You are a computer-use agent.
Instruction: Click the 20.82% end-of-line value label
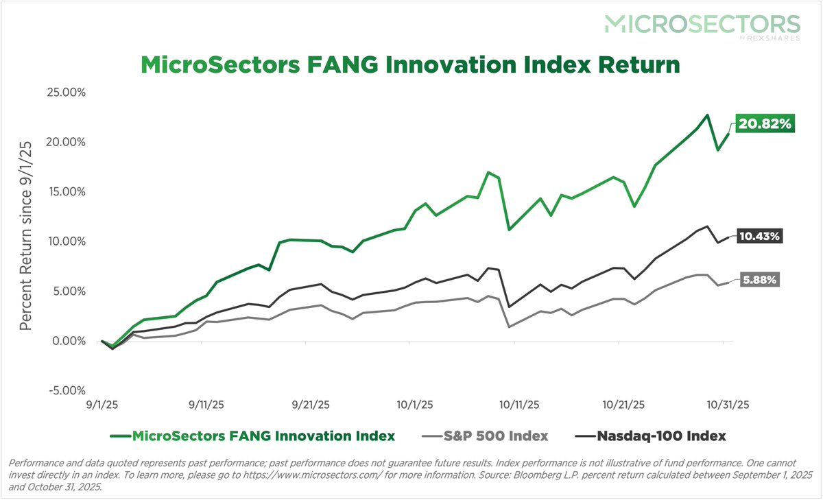(x=765, y=124)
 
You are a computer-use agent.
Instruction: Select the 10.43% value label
(x=760, y=236)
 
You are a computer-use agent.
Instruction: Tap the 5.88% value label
(x=760, y=280)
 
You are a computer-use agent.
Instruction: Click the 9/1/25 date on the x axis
(x=102, y=405)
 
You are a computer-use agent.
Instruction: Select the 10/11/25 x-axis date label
(x=517, y=405)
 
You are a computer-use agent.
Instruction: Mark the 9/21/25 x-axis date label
(x=309, y=405)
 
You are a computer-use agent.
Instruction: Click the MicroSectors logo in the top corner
(x=702, y=25)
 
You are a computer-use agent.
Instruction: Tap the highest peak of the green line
(x=707, y=115)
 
